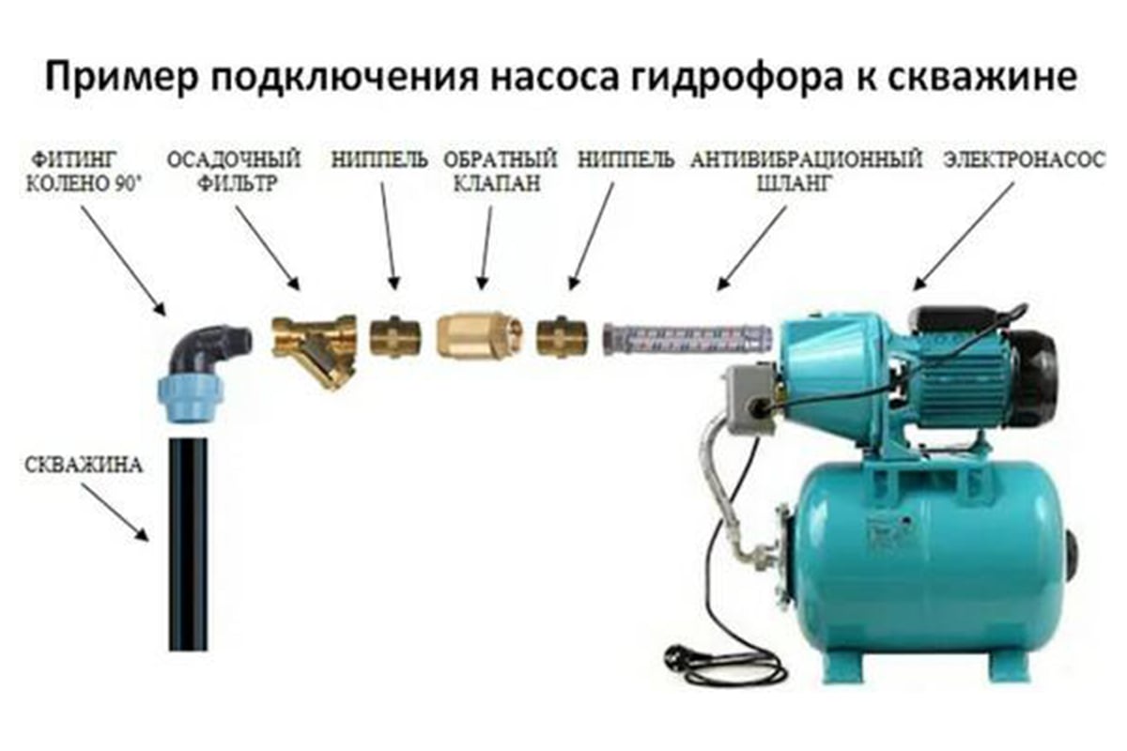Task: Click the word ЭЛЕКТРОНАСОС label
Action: coord(1024,160)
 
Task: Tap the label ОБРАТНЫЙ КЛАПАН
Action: coord(500,171)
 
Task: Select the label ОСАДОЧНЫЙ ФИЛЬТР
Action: coord(234,171)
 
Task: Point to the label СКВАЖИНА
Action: coord(84,465)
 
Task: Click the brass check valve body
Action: coord(478,334)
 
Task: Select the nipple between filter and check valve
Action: coord(395,336)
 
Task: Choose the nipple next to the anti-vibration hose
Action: coord(561,336)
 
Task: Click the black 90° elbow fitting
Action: coord(208,349)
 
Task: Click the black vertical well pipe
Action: coord(188,544)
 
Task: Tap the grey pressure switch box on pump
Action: coord(749,397)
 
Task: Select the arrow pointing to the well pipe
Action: coord(116,512)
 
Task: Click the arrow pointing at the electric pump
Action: coord(963,237)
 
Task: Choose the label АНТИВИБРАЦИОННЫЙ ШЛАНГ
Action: coord(806,171)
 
